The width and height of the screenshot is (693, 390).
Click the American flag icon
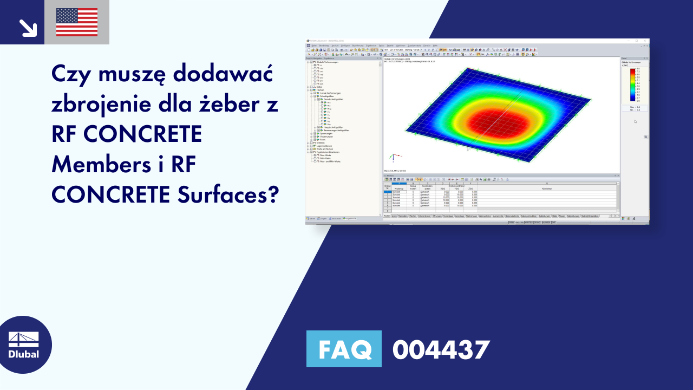(77, 22)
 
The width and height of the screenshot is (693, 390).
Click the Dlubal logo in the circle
(24, 344)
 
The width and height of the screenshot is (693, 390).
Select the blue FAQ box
(344, 349)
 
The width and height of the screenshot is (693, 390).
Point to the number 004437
(441, 350)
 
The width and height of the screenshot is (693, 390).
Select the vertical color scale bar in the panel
(632, 85)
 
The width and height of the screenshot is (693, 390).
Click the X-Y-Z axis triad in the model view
(392, 158)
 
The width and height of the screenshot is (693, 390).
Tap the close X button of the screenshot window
(645, 41)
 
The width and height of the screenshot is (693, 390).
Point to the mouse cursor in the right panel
(635, 121)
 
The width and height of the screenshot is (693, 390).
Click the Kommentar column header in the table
(547, 188)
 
